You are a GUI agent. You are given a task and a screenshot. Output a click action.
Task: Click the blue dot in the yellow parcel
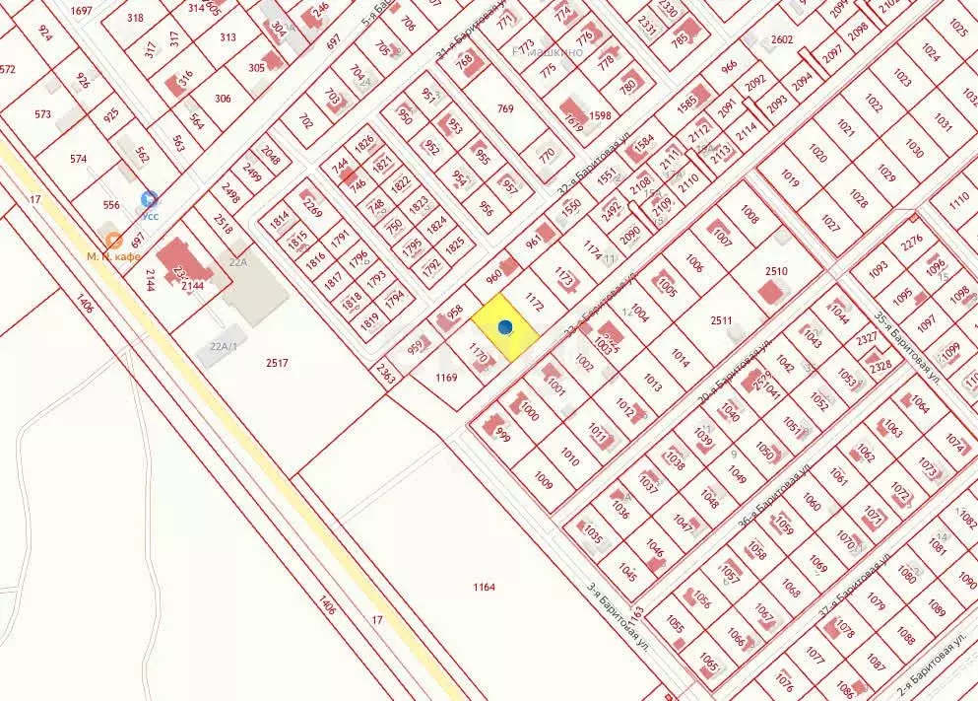click(x=505, y=326)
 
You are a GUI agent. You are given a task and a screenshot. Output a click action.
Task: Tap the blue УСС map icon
click(x=149, y=199)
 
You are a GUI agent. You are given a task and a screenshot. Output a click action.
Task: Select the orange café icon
click(x=113, y=240)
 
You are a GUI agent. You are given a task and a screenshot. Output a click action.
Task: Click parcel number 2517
click(x=277, y=363)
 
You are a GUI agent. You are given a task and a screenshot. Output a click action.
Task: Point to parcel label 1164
click(x=484, y=588)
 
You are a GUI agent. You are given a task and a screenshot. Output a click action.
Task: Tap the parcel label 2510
click(x=776, y=271)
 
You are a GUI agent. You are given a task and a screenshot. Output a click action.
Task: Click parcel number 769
click(x=505, y=108)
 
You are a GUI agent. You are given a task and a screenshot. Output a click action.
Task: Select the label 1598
click(x=600, y=115)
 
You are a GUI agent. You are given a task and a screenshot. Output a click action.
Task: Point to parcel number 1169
click(x=446, y=377)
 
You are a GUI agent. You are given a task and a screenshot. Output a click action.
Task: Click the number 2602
click(x=782, y=39)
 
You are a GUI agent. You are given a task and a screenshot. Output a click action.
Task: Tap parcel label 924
click(x=44, y=32)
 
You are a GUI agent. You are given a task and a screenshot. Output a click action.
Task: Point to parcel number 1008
click(x=750, y=214)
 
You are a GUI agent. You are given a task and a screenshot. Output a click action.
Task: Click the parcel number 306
click(x=223, y=98)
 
